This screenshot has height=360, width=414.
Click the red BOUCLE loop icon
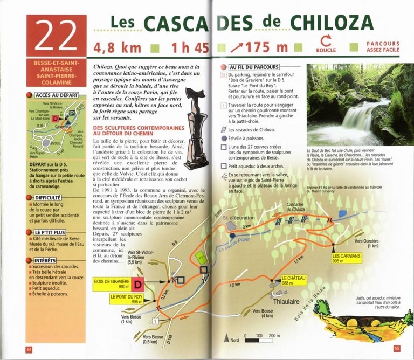tap(325, 41)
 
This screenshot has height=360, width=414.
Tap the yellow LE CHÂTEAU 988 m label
tap(294, 280)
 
